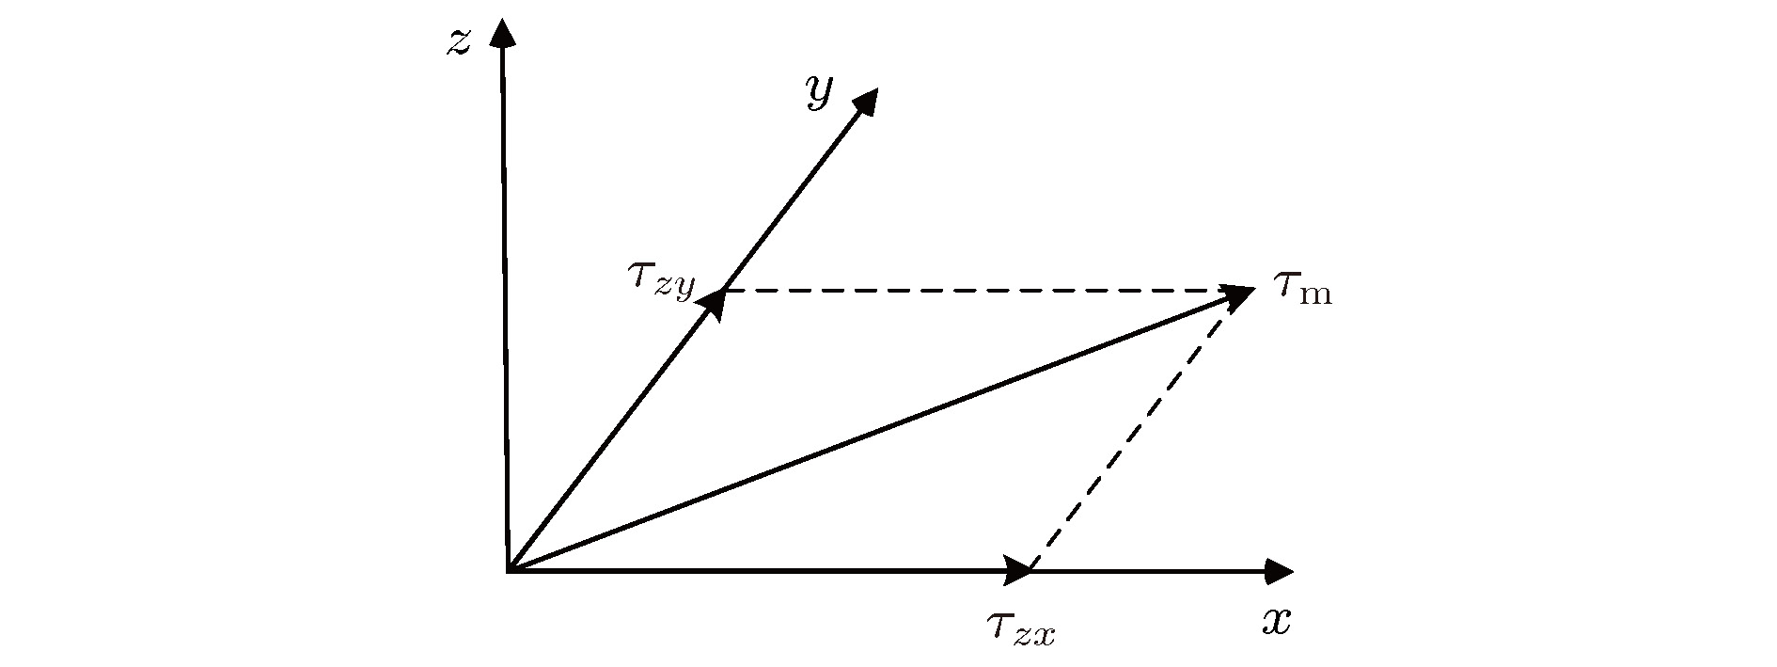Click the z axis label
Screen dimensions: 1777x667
(x=458, y=42)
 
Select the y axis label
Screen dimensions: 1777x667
(x=819, y=92)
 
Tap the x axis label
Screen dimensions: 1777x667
(x=1276, y=621)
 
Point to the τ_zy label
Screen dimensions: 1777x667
(x=661, y=280)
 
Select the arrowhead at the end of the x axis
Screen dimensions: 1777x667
(x=1279, y=570)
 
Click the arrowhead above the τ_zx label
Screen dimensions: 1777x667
(x=1018, y=569)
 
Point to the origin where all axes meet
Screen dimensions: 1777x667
(x=509, y=571)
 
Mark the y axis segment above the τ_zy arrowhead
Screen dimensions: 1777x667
(x=789, y=200)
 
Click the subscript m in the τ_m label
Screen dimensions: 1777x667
(x=1315, y=294)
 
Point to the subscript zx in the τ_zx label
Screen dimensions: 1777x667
(x=1034, y=635)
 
